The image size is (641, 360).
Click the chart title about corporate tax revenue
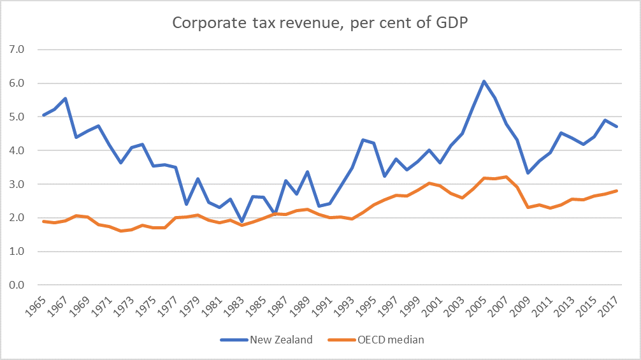tap(320, 24)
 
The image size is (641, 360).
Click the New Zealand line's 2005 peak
tap(484, 81)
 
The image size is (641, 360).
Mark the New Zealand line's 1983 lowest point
tap(241, 222)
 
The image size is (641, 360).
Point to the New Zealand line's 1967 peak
tap(65, 98)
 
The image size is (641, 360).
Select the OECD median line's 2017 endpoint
tap(617, 191)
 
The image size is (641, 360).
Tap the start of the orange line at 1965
tap(43, 221)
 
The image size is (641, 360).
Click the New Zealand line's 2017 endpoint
tap(617, 127)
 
